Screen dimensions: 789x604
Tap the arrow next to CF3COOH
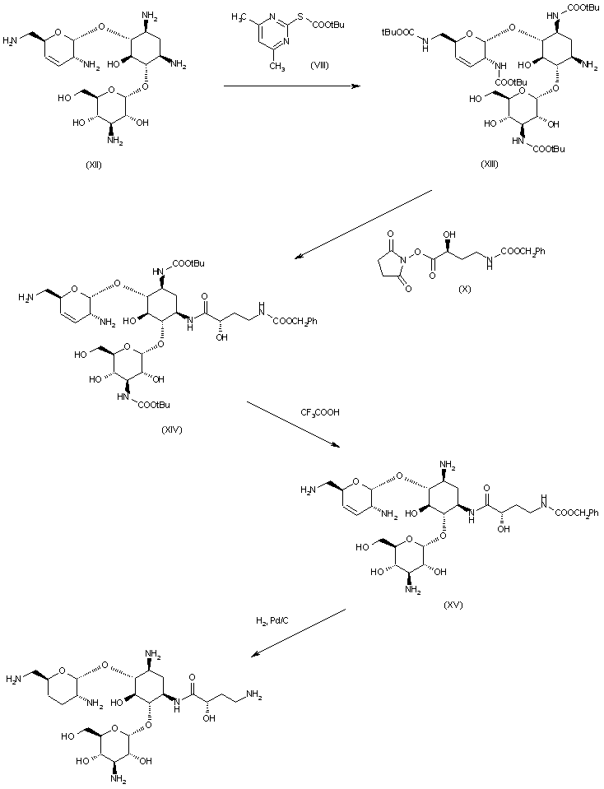pos(292,423)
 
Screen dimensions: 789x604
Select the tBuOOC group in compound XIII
pos(398,31)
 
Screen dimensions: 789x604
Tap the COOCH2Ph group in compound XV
pos(575,513)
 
